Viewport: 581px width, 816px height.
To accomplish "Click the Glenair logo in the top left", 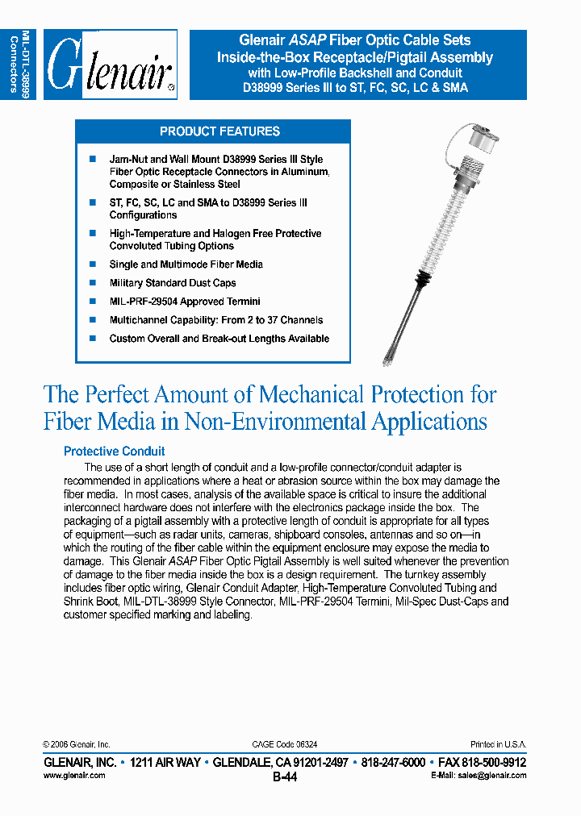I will pyautogui.click(x=111, y=65).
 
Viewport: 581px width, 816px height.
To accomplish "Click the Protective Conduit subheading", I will pyautogui.click(x=114, y=452).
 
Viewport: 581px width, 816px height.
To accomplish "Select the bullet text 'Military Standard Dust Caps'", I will pyautogui.click(x=173, y=283).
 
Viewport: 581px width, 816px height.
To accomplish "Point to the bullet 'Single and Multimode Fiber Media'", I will pyautogui.click(x=186, y=264).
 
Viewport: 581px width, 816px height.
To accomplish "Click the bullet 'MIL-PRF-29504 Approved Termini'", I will pyautogui.click(x=185, y=302).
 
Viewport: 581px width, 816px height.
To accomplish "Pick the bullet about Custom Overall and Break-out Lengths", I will pyautogui.click(x=219, y=339).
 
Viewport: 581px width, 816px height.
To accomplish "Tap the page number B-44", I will pyautogui.click(x=285, y=777).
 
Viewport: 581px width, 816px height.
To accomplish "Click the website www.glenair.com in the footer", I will pyautogui.click(x=73, y=775).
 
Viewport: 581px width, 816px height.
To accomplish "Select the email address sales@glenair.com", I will pyautogui.click(x=491, y=775).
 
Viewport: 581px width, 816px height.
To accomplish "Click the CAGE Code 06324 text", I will pyautogui.click(x=285, y=744).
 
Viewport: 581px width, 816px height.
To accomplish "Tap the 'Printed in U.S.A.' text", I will pyautogui.click(x=498, y=744).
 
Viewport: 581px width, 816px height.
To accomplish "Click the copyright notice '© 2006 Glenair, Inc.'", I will pyautogui.click(x=76, y=744).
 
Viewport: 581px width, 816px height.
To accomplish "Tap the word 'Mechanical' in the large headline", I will pyautogui.click(x=311, y=394).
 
